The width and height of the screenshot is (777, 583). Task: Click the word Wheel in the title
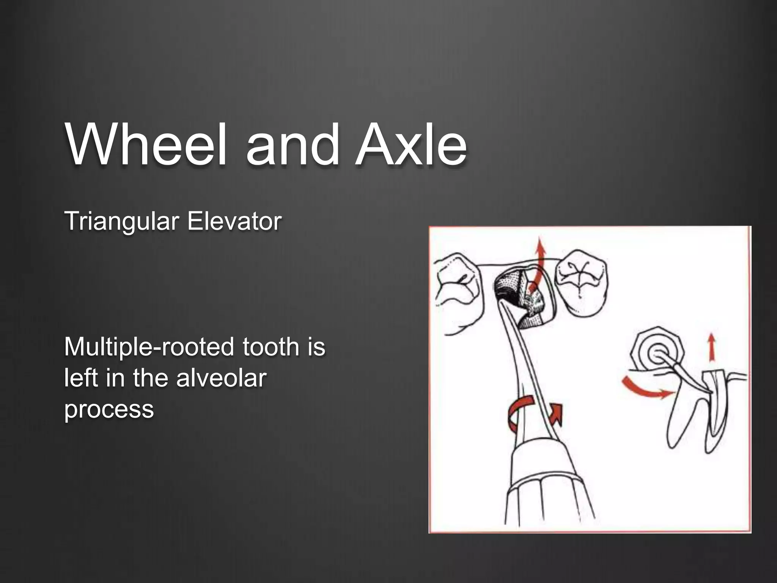[x=146, y=145]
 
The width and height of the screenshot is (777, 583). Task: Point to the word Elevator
[x=234, y=221]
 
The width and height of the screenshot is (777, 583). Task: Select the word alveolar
[x=221, y=378]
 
